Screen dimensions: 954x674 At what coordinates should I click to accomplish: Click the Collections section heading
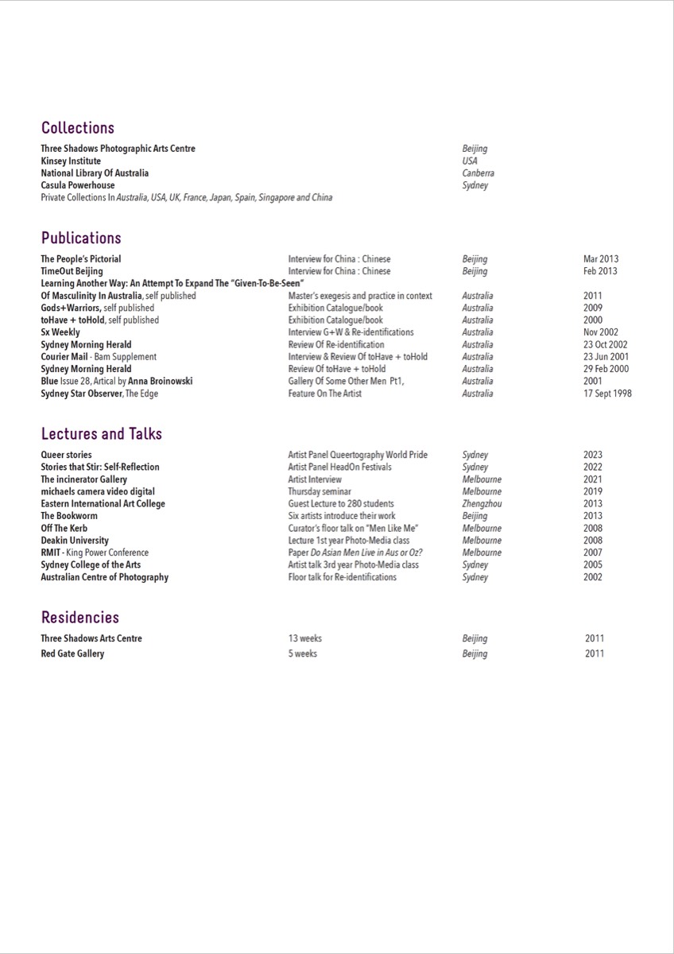pyautogui.click(x=78, y=128)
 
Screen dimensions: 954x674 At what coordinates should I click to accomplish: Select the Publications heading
pyautogui.click(x=81, y=238)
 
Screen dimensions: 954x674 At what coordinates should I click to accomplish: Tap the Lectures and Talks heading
pyautogui.click(x=102, y=434)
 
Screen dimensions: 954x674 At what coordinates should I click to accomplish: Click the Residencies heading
pyautogui.click(x=80, y=618)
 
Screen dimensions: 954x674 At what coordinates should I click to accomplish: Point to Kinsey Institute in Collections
pyautogui.click(x=71, y=161)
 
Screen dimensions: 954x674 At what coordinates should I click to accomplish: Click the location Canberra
pyautogui.click(x=478, y=173)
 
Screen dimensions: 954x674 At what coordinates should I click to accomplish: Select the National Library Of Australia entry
pyautogui.click(x=95, y=173)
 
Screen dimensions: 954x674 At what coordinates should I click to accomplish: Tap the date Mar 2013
pyautogui.click(x=600, y=259)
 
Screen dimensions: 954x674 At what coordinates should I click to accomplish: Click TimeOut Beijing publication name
pyautogui.click(x=72, y=271)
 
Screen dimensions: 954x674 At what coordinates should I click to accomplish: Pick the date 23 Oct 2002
pyautogui.click(x=605, y=345)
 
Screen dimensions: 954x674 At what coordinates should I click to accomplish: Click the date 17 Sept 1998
pyautogui.click(x=607, y=394)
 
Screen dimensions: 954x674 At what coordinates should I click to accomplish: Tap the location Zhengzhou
pyautogui.click(x=482, y=504)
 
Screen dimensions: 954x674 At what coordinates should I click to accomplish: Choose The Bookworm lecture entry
pyautogui.click(x=69, y=516)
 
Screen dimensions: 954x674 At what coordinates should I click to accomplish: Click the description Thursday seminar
pyautogui.click(x=320, y=492)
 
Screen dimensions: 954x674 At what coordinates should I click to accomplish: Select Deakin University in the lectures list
pyautogui.click(x=75, y=541)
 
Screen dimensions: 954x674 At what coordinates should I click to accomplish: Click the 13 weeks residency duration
pyautogui.click(x=305, y=638)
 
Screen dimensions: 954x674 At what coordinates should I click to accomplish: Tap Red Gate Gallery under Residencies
pyautogui.click(x=72, y=654)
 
